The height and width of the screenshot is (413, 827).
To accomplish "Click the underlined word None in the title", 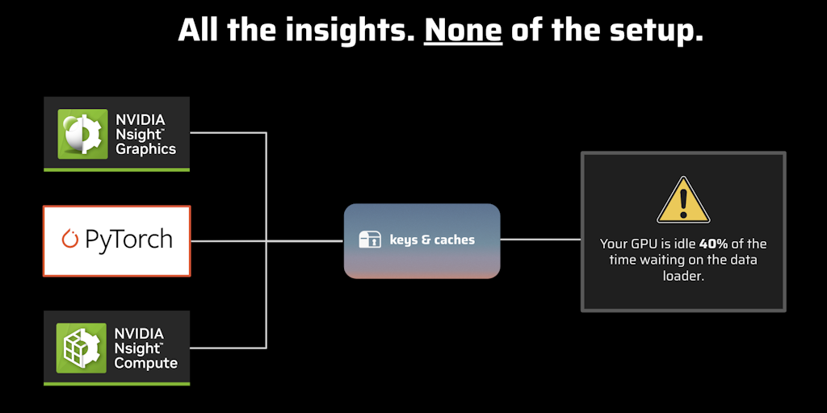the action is (463, 31).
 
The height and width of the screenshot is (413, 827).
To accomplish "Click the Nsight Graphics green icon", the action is (83, 134).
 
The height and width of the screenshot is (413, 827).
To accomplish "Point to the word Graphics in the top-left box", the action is (145, 149).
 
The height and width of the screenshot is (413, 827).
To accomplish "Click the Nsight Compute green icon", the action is (82, 348).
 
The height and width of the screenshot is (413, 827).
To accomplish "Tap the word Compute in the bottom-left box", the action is (146, 364).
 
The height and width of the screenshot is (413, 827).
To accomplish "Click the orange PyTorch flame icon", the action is (69, 239).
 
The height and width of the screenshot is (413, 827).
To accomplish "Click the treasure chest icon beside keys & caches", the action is (370, 240).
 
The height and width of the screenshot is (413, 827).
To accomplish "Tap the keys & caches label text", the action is (432, 240).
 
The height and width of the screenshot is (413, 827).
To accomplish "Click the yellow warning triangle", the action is (683, 200).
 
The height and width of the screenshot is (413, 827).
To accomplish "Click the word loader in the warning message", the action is (683, 276).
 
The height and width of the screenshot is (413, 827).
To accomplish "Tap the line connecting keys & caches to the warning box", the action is (540, 239).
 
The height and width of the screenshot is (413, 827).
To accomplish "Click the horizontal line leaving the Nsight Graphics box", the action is (228, 133).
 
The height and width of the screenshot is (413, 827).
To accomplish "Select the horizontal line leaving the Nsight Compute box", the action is (228, 348).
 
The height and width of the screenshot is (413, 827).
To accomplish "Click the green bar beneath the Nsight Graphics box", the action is (116, 169).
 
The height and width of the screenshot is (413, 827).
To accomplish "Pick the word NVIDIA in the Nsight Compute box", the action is (139, 334).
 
